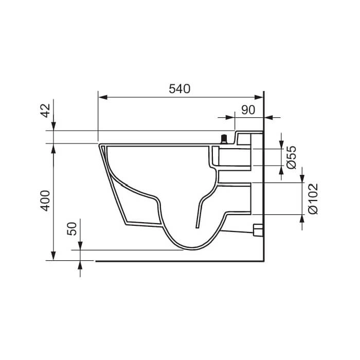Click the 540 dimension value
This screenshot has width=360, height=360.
179,88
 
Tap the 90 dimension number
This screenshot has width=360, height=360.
248,110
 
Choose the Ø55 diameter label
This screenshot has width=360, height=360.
291,157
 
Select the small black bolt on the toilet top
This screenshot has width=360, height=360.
224,139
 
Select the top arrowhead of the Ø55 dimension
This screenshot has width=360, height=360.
282,146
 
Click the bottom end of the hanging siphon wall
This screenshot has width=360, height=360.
196,226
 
